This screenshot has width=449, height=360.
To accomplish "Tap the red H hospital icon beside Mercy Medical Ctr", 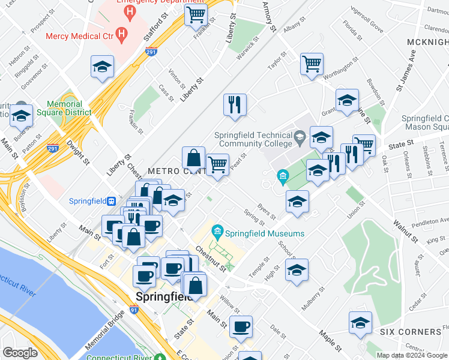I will [x=122, y=35].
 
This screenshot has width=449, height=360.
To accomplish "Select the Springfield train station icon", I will [x=111, y=201].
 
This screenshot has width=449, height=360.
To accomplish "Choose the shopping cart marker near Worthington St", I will [x=312, y=64].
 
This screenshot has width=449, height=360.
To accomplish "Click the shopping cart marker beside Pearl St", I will [x=217, y=163].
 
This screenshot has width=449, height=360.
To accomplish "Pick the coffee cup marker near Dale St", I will [x=241, y=327].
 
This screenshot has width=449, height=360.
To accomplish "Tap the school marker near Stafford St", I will [x=103, y=67].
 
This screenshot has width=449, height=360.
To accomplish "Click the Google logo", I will [x=20, y=353].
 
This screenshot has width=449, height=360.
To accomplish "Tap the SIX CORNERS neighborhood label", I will [x=411, y=332].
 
